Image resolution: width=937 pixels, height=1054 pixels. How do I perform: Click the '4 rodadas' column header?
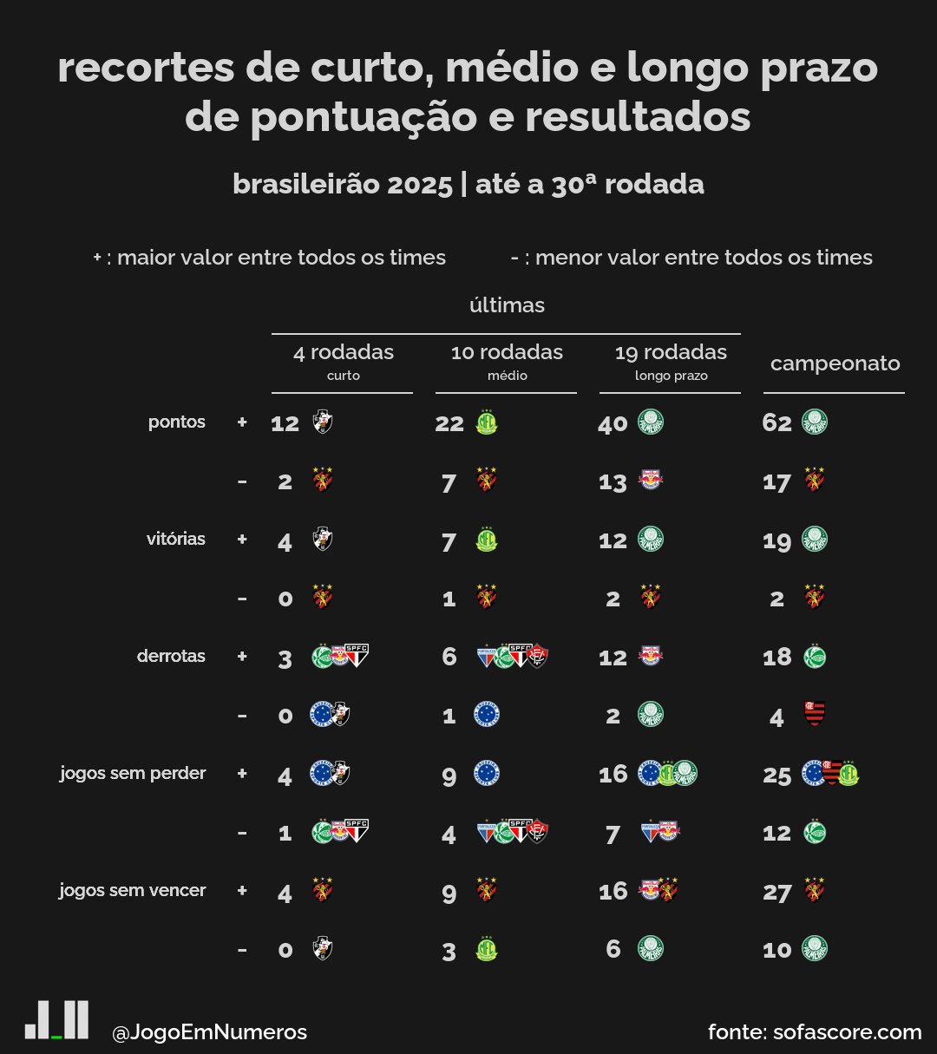(344, 352)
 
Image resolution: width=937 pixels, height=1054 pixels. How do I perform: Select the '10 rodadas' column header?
(507, 352)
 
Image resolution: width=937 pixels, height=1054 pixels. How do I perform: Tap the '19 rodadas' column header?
(671, 352)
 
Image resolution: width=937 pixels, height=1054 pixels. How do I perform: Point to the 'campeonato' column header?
(835, 363)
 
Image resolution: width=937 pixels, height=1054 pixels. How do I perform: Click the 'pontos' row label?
(177, 422)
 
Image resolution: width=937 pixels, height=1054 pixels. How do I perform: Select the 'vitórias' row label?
(176, 539)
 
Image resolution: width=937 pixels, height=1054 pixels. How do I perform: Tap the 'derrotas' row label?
(171, 656)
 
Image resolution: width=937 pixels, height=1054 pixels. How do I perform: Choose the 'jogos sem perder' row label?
(133, 773)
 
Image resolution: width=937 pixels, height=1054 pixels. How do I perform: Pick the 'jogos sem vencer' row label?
(133, 890)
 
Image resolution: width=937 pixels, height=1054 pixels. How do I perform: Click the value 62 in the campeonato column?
(777, 423)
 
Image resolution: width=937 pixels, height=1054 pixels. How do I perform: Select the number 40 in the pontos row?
(613, 423)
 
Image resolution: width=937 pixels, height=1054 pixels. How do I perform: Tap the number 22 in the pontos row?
(449, 423)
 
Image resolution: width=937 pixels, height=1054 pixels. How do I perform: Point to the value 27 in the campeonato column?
(777, 892)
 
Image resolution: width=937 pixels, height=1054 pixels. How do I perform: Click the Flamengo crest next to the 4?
(815, 714)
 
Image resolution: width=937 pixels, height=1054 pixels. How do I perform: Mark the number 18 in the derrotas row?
(777, 658)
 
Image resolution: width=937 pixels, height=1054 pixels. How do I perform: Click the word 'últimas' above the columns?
(507, 305)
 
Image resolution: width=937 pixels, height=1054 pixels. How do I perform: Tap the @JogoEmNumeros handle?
(209, 1032)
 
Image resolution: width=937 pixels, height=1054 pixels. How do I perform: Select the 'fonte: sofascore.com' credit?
(815, 1032)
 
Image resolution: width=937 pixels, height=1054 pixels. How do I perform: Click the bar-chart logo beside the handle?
(56, 1020)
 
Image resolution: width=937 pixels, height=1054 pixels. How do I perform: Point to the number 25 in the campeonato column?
(777, 775)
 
